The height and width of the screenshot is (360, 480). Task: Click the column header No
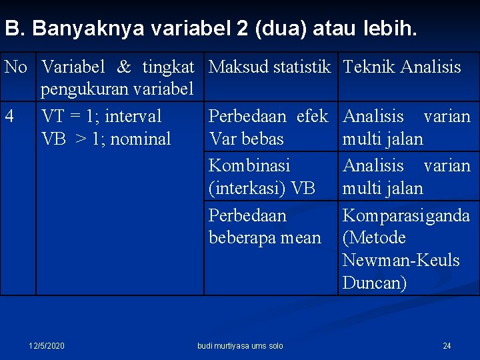[16, 67]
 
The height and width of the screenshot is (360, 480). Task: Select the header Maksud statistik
[269, 67]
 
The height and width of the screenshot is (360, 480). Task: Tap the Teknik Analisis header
[402, 67]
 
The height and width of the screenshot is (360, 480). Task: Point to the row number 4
[9, 117]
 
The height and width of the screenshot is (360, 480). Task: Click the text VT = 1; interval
[101, 117]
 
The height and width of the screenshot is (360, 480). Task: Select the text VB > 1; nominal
[106, 139]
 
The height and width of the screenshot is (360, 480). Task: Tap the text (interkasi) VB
[262, 188]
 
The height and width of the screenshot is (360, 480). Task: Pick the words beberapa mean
[265, 238]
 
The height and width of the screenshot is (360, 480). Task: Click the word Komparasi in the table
[376, 215]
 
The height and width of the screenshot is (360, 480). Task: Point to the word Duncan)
[375, 283]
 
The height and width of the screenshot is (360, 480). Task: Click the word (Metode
[374, 238]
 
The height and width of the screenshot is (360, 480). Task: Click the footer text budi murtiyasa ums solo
[240, 345]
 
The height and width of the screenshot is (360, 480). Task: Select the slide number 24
[447, 345]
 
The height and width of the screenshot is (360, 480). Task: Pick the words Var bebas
[246, 139]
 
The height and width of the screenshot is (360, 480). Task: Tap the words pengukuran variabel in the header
[117, 89]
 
